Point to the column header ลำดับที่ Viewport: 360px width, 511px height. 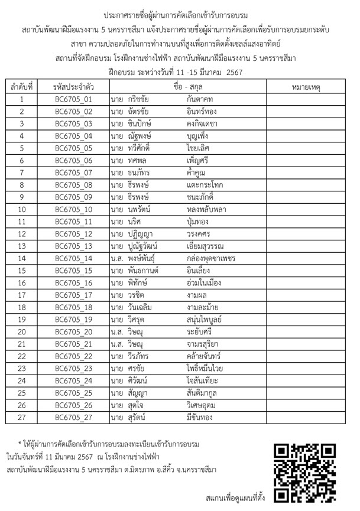22,87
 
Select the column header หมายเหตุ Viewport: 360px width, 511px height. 306,87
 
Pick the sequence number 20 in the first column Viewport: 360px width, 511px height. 22,331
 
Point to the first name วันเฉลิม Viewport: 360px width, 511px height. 144,307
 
